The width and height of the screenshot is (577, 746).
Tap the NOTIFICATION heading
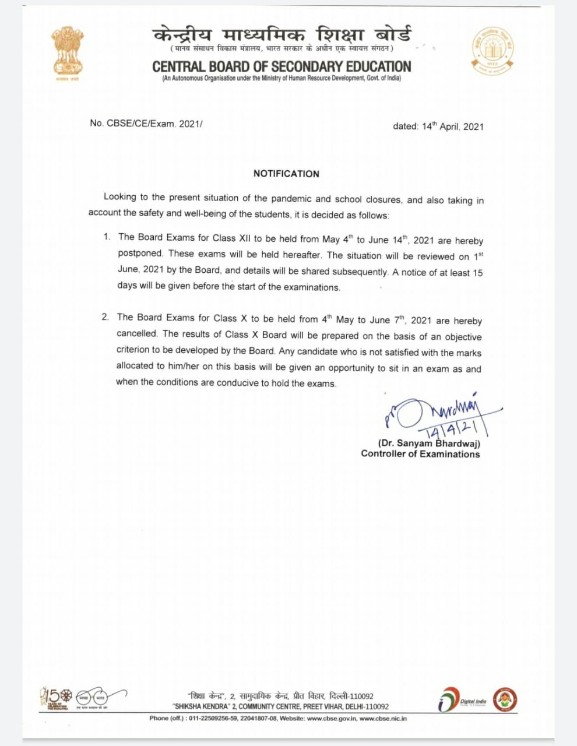tap(286, 174)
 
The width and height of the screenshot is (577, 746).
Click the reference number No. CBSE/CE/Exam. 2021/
tap(146, 124)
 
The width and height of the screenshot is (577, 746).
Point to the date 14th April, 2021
tap(452, 126)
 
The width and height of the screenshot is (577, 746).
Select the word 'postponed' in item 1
tap(141, 254)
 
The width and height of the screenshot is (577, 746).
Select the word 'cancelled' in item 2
tap(137, 333)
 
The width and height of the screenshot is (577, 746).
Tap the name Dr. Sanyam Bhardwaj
tap(429, 444)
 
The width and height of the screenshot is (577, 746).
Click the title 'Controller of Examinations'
tap(420, 454)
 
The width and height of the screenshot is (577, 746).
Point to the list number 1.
tap(107, 237)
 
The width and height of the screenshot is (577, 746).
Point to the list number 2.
tap(105, 317)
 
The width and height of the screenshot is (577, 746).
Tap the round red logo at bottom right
tap(505, 699)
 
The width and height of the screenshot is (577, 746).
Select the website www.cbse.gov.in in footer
tap(331, 719)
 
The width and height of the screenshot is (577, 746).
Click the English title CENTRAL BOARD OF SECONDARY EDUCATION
tap(282, 66)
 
